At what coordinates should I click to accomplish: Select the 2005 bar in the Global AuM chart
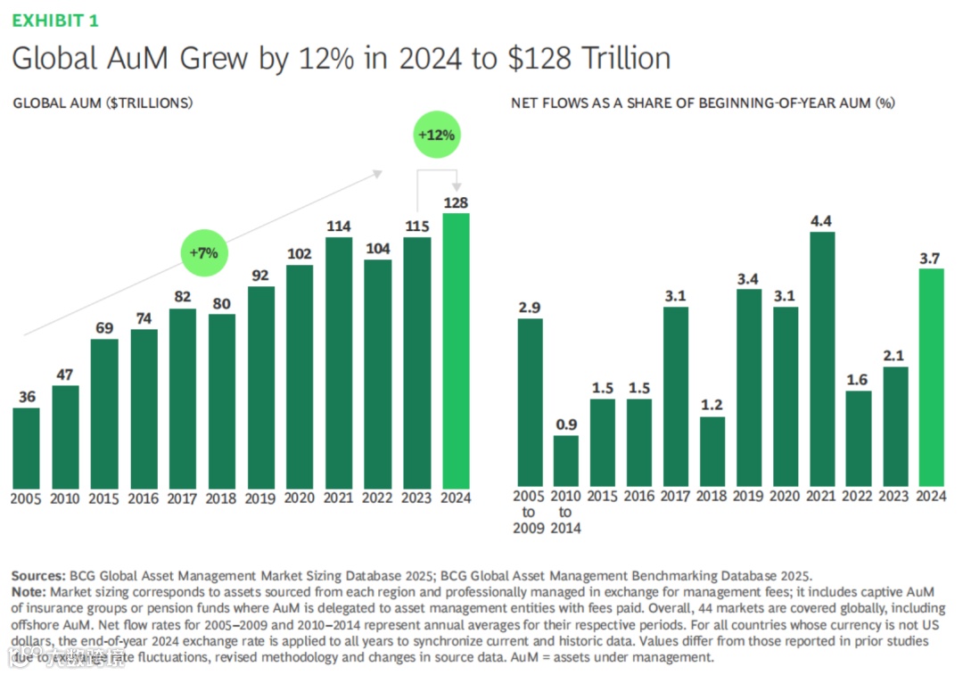click(27, 448)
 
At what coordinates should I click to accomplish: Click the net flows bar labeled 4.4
click(822, 358)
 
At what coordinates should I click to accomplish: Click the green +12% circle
click(436, 136)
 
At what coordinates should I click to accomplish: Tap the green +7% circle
click(204, 252)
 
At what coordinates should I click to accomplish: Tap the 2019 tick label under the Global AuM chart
click(260, 498)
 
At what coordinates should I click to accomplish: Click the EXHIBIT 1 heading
click(55, 20)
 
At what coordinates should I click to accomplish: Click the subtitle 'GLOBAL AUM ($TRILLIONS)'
click(103, 103)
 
